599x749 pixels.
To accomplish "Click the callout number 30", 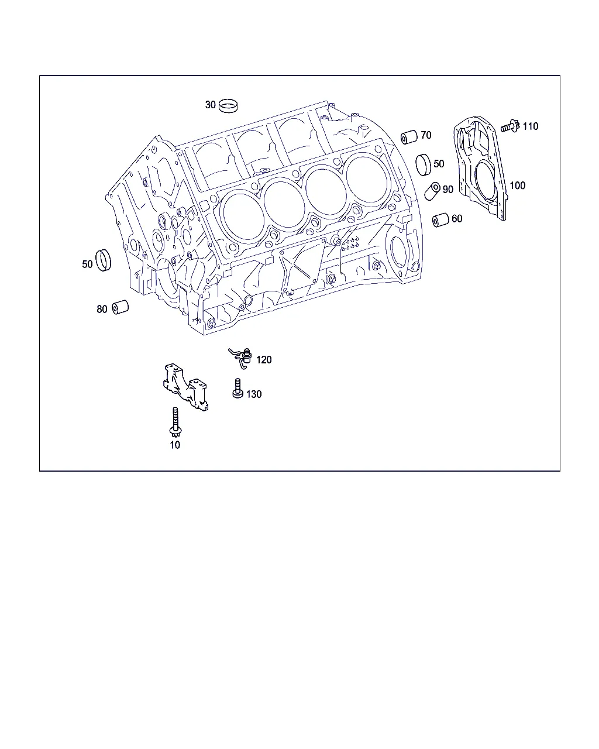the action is pos(210,105).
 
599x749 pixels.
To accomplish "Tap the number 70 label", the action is pos(426,135).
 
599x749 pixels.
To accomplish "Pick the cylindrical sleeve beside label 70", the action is pos(409,137).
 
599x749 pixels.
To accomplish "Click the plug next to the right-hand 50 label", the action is pos(424,164).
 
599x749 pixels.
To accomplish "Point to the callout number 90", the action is pos(448,190).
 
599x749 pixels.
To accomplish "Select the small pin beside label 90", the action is pos(433,191).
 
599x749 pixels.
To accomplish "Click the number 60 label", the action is pos(457,219).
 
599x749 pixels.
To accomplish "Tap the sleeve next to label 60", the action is pos(440,220).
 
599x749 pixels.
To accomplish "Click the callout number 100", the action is pos(518,185).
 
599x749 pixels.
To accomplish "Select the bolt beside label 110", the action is pos(510,126).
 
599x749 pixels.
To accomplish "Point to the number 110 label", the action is pos(531,126).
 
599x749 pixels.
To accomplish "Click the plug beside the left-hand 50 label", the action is pos(103,260).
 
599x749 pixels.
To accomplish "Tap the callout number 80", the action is pos(102,309).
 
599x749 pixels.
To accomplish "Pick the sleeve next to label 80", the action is pos(120,307).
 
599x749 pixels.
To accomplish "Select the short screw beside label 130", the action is pos(237,388).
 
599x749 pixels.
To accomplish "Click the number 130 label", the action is pos(254,394).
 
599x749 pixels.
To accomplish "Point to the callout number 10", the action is pos(175,445).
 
